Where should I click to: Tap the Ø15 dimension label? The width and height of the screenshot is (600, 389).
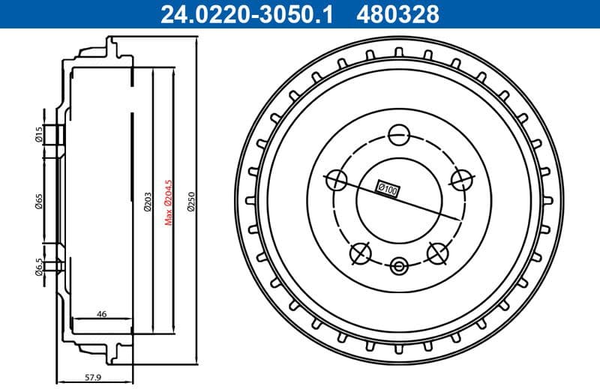coord(37,134)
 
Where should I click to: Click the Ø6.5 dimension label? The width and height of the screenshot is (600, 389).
coord(37,266)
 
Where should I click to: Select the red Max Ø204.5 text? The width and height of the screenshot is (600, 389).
coord(169,201)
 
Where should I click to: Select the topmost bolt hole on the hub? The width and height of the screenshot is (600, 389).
coord(398,135)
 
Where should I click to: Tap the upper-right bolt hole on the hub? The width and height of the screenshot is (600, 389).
coord(461,178)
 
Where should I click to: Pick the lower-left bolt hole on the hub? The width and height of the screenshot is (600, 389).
coord(361,253)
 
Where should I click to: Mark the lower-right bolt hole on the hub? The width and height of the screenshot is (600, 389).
coord(437,253)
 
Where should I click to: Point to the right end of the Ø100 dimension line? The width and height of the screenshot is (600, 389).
coord(459,219)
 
